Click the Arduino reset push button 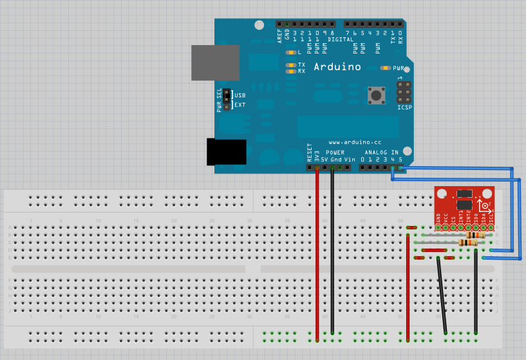point(375,95)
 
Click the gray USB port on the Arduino point(215,62)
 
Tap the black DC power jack point(226,152)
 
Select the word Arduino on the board point(337,67)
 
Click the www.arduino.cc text point(355,142)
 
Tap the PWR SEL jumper point(227,100)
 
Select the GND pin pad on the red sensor point(438,227)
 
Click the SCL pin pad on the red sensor point(491,227)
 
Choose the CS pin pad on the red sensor point(453,227)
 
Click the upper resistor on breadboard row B point(475,235)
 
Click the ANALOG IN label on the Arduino point(386,152)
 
